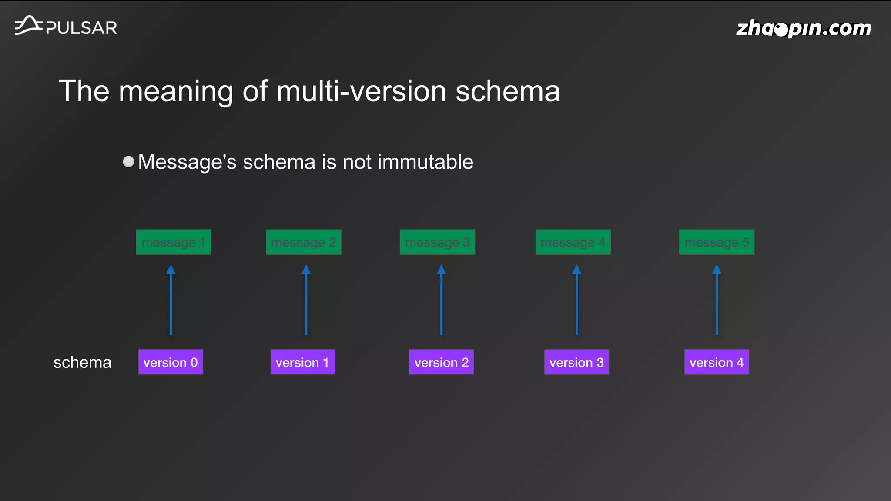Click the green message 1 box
(174, 242)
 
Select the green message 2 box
(303, 242)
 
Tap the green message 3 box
(437, 242)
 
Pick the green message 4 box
(573, 242)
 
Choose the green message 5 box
(717, 242)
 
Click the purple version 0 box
(171, 362)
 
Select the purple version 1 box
(303, 362)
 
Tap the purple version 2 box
(441, 362)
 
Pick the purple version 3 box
(576, 362)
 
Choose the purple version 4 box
(717, 362)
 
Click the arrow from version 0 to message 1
(171, 300)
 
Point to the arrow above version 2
(441, 300)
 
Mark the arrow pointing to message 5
(717, 300)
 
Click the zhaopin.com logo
(803, 29)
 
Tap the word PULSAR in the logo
(81, 28)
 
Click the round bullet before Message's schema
(128, 162)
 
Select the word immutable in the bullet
(425, 162)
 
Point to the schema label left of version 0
(82, 362)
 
